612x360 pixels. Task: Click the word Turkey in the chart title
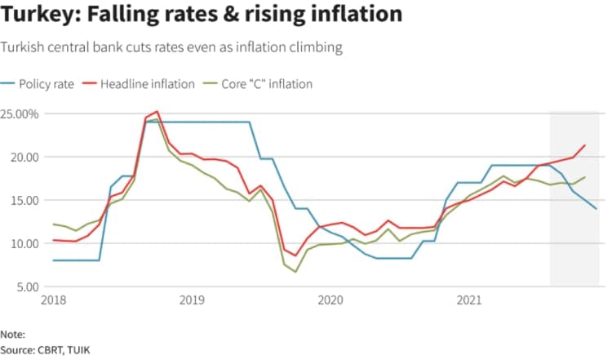pyautogui.click(x=38, y=15)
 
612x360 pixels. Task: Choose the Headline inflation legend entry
pyautogui.click(x=147, y=83)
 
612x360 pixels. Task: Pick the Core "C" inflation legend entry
pyautogui.click(x=264, y=83)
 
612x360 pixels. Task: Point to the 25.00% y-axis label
pyautogui.click(x=20, y=113)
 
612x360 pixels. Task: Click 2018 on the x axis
pyautogui.click(x=54, y=300)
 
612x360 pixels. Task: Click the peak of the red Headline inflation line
pyautogui.click(x=157, y=111)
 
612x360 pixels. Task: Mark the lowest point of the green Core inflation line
pyautogui.click(x=296, y=272)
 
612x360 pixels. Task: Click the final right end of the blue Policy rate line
pyautogui.click(x=596, y=209)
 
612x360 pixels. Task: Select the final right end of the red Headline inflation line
pyautogui.click(x=585, y=145)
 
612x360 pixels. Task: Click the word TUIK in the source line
pyautogui.click(x=82, y=349)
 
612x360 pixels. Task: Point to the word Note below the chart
pyautogui.click(x=12, y=335)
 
